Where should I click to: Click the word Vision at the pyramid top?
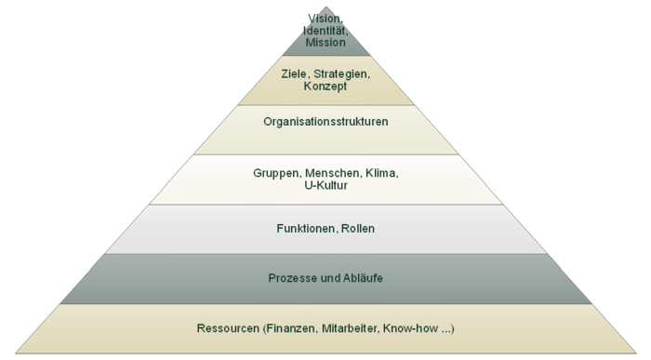pyautogui.click(x=325, y=18)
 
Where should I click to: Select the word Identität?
pyautogui.click(x=325, y=30)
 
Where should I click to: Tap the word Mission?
pyautogui.click(x=325, y=43)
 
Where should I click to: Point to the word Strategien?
pyautogui.click(x=343, y=73)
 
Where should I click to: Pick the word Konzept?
pyautogui.click(x=325, y=87)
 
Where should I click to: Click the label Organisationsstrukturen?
pyautogui.click(x=325, y=122)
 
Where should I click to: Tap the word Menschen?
pyautogui.click(x=332, y=173)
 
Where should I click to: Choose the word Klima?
pyautogui.click(x=382, y=173)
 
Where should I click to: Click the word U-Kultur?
pyautogui.click(x=325, y=186)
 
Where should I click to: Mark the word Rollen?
pyautogui.click(x=358, y=229)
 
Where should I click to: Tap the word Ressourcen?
pyautogui.click(x=227, y=328)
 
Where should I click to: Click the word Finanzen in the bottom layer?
pyautogui.click(x=290, y=328)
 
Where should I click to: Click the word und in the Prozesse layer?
pyautogui.click(x=329, y=278)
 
